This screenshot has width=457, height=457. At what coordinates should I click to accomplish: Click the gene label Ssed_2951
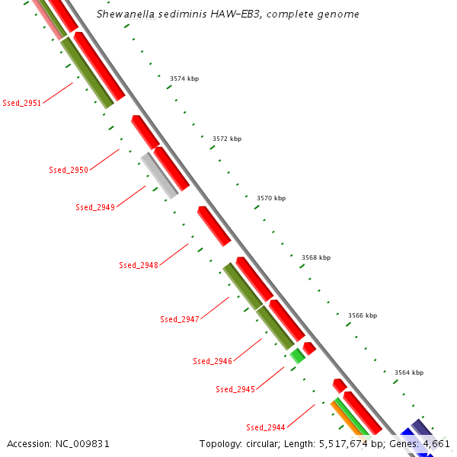pyautogui.click(x=22, y=103)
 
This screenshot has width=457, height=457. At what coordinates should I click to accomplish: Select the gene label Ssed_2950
pyautogui.click(x=69, y=170)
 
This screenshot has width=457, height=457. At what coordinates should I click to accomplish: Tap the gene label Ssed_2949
pyautogui.click(x=95, y=207)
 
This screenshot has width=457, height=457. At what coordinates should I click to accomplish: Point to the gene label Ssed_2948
pyautogui.click(x=139, y=265)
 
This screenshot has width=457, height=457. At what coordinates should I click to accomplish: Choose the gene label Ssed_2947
pyautogui.click(x=180, y=319)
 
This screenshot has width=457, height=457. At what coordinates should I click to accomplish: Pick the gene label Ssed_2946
pyautogui.click(x=213, y=361)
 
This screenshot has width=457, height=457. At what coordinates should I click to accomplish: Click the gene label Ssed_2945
pyautogui.click(x=235, y=389)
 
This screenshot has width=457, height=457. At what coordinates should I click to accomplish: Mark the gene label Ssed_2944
pyautogui.click(x=266, y=427)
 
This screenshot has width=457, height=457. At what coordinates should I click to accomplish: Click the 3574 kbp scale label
pyautogui.click(x=184, y=78)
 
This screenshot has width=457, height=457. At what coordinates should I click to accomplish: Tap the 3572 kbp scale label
pyautogui.click(x=226, y=139)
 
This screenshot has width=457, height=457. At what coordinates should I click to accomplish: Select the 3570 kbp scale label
pyautogui.click(x=271, y=198)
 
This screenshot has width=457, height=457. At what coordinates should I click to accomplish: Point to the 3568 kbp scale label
pyautogui.click(x=316, y=257)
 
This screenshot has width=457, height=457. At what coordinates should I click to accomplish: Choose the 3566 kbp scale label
pyautogui.click(x=363, y=315)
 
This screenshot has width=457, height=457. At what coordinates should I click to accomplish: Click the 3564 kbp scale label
pyautogui.click(x=409, y=372)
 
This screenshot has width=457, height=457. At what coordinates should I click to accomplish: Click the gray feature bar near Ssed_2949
pyautogui.click(x=159, y=175)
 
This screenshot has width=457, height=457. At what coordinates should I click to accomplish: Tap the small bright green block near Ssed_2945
pyautogui.click(x=297, y=356)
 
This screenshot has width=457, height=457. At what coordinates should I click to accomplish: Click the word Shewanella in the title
pyautogui.click(x=127, y=14)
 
